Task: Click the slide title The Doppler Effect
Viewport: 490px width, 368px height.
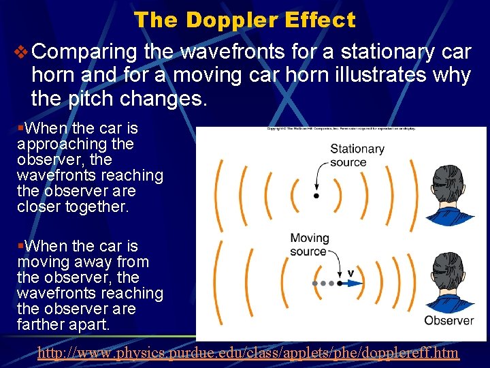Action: (x=244, y=20)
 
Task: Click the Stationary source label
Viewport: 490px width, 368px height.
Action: (x=357, y=155)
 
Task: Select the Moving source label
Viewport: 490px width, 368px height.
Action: (x=309, y=245)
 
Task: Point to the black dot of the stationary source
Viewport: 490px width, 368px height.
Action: (x=315, y=196)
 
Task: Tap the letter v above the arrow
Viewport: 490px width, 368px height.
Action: (x=350, y=272)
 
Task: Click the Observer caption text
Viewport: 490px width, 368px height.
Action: (x=449, y=320)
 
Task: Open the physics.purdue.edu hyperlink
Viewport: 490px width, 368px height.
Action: (x=248, y=353)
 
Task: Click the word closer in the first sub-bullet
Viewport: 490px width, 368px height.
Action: (x=39, y=206)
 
